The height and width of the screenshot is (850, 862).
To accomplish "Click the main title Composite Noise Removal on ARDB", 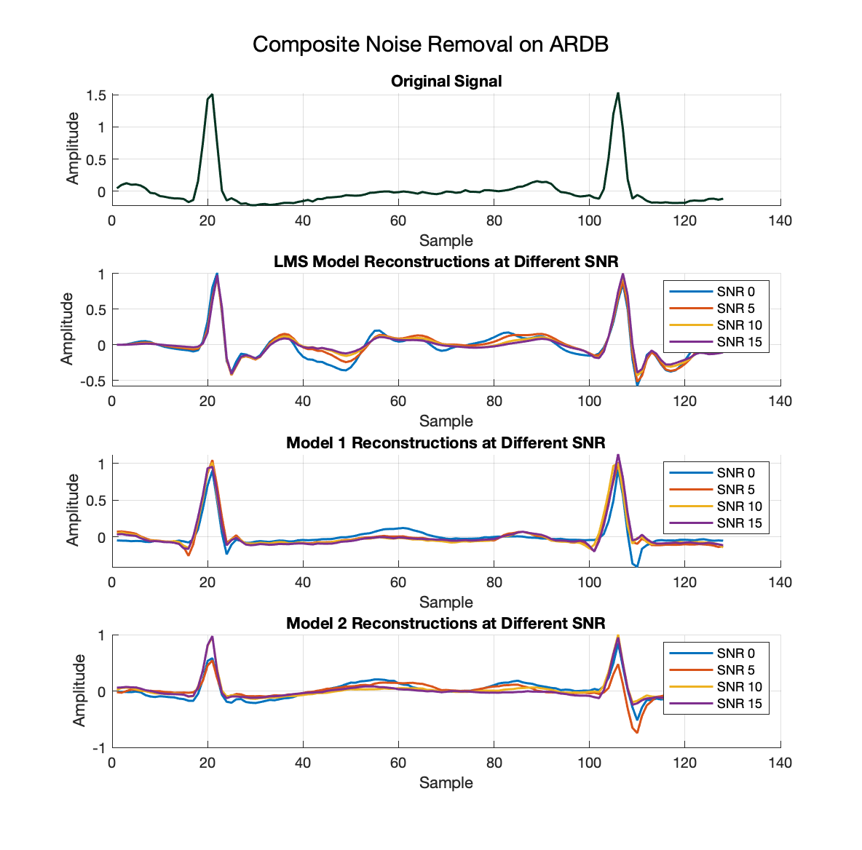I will [430, 44].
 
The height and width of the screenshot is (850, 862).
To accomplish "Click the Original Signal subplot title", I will [446, 82].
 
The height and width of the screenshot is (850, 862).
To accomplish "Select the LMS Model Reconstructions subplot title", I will [446, 261].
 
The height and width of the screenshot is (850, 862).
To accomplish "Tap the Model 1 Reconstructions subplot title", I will [446, 442].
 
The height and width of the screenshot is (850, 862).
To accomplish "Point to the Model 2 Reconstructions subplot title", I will [446, 623].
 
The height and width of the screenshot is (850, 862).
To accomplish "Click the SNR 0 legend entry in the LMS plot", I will [735, 292].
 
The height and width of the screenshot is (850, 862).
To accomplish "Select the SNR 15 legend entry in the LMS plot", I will [739, 342].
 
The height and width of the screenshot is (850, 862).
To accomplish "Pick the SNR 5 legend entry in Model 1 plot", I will [735, 490].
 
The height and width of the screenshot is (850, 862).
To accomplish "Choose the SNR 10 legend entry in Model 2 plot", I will [739, 687].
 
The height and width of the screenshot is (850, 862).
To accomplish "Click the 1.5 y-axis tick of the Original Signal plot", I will [96, 95].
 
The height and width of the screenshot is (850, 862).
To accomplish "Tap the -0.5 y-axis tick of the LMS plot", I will [92, 381].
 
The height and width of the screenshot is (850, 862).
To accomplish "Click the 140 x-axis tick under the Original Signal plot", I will [780, 221].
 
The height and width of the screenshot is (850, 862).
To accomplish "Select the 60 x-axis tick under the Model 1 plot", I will [398, 582].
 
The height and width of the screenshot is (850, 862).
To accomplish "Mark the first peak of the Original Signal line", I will [212, 95].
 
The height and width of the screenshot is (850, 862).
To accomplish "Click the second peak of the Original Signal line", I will [618, 93].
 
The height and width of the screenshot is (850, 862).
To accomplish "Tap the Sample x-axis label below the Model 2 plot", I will [446, 783].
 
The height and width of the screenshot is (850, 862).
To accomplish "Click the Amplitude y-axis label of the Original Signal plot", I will [73, 148].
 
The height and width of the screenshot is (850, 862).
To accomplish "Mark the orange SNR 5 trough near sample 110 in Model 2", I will [637, 732].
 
